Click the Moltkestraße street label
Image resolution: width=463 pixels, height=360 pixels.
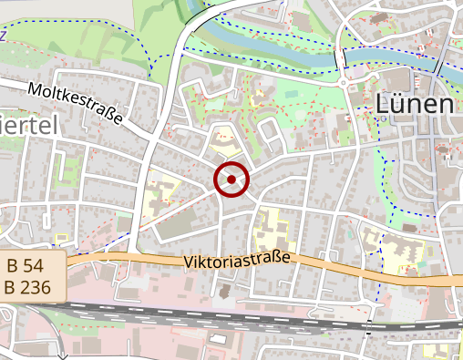pyautogui.click(x=74, y=106)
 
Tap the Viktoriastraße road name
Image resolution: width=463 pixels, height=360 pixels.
pyautogui.click(x=236, y=262)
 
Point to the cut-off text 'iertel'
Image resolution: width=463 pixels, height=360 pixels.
pyautogui.click(x=26, y=125)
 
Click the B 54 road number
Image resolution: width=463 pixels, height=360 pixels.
pyautogui.click(x=25, y=266)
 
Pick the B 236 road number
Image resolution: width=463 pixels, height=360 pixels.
pyautogui.click(x=29, y=286)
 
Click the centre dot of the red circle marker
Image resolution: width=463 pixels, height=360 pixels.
pyautogui.click(x=231, y=180)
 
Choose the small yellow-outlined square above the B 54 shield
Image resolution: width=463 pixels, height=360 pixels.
pyautogui.click(x=62, y=239)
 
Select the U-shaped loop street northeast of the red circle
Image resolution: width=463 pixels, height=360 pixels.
pyautogui.click(x=271, y=135)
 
